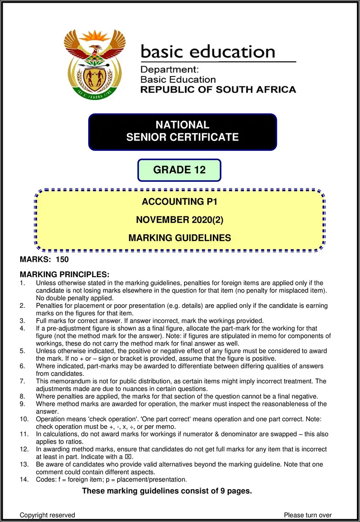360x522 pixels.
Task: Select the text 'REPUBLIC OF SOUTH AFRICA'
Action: tap(218, 90)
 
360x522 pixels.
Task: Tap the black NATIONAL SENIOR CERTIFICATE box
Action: tap(182, 131)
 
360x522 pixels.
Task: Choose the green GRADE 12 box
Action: tap(179, 170)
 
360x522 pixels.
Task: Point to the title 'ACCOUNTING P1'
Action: tap(180, 202)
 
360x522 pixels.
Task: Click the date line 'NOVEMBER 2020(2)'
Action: tap(180, 220)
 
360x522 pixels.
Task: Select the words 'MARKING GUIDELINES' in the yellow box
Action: tap(180, 238)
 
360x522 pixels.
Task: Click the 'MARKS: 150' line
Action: tap(44, 260)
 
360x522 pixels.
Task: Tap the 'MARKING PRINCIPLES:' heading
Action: tap(64, 274)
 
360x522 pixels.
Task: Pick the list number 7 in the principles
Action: tap(22, 381)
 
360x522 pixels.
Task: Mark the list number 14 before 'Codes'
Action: tap(24, 479)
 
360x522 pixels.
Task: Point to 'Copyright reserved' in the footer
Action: tap(47, 515)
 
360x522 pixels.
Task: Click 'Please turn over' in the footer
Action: tap(308, 515)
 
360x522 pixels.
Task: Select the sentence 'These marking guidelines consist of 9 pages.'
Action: tap(166, 491)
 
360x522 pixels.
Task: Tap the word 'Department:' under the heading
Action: tap(166, 70)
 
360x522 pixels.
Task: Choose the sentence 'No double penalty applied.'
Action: tap(75, 298)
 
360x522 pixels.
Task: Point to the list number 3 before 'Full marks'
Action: tap(22, 320)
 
